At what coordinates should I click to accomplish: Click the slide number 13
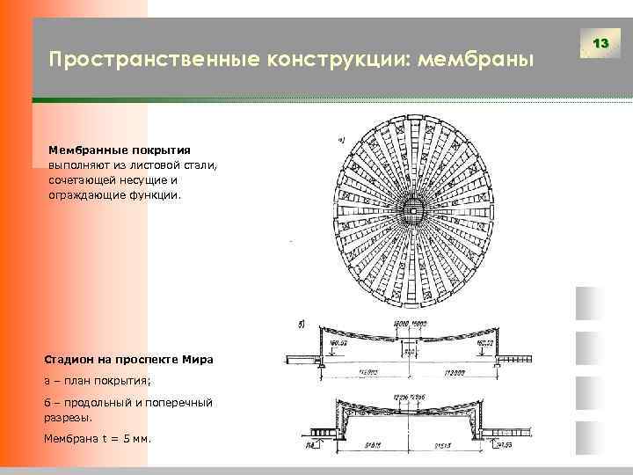point(601,43)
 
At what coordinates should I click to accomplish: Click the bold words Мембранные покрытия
point(120,150)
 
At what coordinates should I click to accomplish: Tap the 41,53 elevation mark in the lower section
point(505,446)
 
